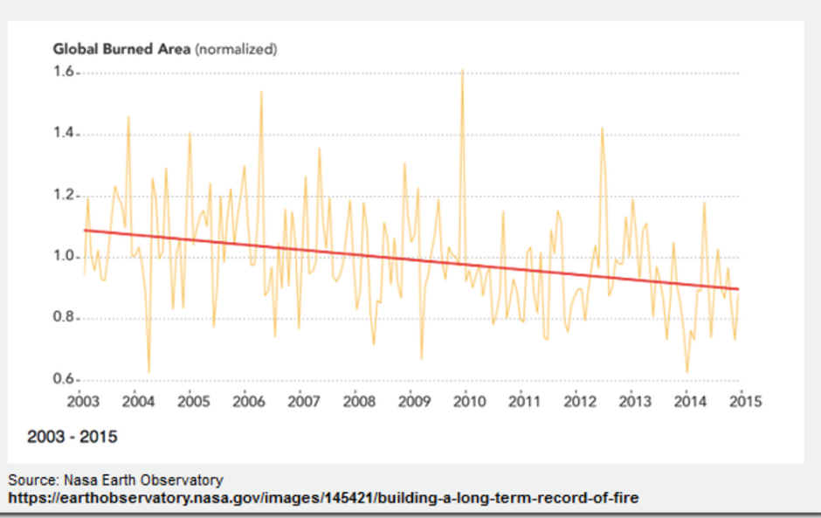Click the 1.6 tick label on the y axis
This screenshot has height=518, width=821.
click(x=64, y=73)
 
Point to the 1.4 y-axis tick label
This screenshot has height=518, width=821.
click(x=64, y=135)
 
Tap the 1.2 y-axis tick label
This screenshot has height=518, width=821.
click(x=64, y=196)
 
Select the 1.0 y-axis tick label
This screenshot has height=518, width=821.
click(x=64, y=257)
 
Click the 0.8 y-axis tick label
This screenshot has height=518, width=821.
click(x=64, y=319)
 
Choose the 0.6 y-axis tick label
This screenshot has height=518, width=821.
click(x=64, y=380)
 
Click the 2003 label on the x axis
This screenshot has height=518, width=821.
click(x=84, y=402)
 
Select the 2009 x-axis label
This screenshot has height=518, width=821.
click(x=414, y=402)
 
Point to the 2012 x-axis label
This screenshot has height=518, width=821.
click(x=580, y=402)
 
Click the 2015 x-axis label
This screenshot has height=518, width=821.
click(x=745, y=402)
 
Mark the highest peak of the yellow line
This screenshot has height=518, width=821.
click(x=462, y=71)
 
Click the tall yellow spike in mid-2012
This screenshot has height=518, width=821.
click(x=602, y=128)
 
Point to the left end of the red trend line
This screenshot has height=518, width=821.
click(x=85, y=230)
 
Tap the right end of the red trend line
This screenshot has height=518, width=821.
click(x=740, y=289)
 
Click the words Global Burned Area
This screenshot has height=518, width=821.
click(x=121, y=49)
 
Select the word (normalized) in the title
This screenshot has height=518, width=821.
click(x=236, y=49)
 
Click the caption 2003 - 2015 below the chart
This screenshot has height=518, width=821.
click(x=72, y=436)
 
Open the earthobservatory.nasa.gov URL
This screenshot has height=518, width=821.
click(x=323, y=498)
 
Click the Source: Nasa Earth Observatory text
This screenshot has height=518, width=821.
click(x=116, y=480)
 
